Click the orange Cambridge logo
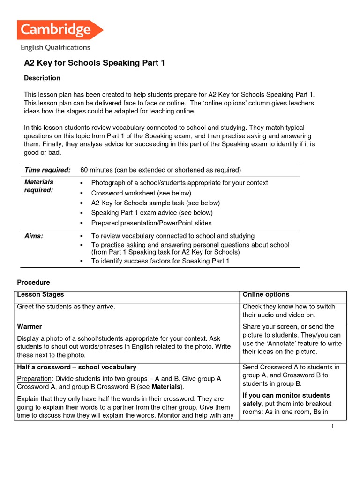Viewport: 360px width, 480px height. (x=60, y=30)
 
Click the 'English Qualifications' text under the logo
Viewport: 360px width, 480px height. (x=55, y=47)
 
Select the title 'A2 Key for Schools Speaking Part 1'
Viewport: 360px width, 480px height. (x=94, y=63)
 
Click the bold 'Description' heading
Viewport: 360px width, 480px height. (x=42, y=78)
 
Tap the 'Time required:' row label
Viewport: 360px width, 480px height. (x=47, y=170)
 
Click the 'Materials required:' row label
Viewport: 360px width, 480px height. (x=39, y=186)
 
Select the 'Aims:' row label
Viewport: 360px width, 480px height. (x=34, y=236)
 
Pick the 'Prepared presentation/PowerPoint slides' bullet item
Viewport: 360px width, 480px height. (x=151, y=223)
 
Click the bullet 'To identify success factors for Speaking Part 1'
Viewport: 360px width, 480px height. (x=160, y=261)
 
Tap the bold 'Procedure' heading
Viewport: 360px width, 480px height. (x=33, y=282)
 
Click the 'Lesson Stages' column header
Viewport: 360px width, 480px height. (x=40, y=295)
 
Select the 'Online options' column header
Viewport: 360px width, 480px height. (x=266, y=295)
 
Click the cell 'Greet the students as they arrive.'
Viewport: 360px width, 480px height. (x=66, y=307)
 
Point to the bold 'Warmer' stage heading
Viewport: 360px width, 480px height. (x=30, y=327)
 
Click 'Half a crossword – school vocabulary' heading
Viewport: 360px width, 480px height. (x=76, y=367)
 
